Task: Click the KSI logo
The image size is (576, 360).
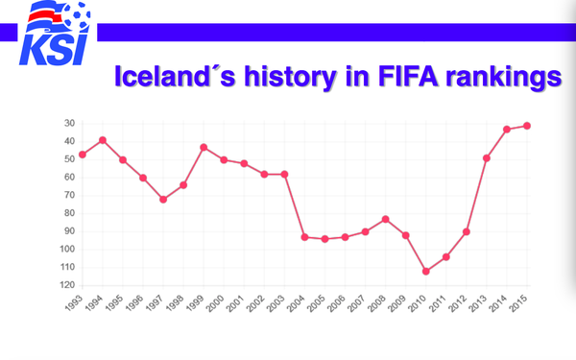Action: pyautogui.click(x=55, y=33)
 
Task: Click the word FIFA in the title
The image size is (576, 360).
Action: pyautogui.click(x=408, y=77)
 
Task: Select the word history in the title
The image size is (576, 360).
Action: pyautogui.click(x=290, y=78)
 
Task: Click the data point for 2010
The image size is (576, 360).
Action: pyautogui.click(x=425, y=272)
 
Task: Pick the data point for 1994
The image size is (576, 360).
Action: pyautogui.click(x=103, y=140)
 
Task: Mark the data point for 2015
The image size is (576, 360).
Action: pyautogui.click(x=527, y=126)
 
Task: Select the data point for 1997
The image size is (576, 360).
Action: pyautogui.click(x=163, y=200)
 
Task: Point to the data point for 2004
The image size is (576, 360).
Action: pyautogui.click(x=304, y=237)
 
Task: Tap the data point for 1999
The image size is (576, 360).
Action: pyautogui.click(x=204, y=147)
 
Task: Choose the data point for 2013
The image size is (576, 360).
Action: pyautogui.click(x=487, y=158)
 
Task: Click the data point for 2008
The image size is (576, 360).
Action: pyautogui.click(x=385, y=219)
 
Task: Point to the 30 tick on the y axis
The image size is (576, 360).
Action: pyautogui.click(x=69, y=124)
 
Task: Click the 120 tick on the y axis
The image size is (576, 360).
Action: pyautogui.click(x=67, y=285)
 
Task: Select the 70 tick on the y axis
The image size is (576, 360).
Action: pyautogui.click(x=69, y=195)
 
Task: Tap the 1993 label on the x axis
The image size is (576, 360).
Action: pyautogui.click(x=74, y=303)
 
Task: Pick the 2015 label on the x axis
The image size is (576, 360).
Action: pyautogui.click(x=518, y=303)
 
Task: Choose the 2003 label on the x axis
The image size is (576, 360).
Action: pyautogui.click(x=276, y=303)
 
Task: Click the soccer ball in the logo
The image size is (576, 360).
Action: pyautogui.click(x=77, y=14)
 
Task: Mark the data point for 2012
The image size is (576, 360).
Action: pyautogui.click(x=467, y=231)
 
